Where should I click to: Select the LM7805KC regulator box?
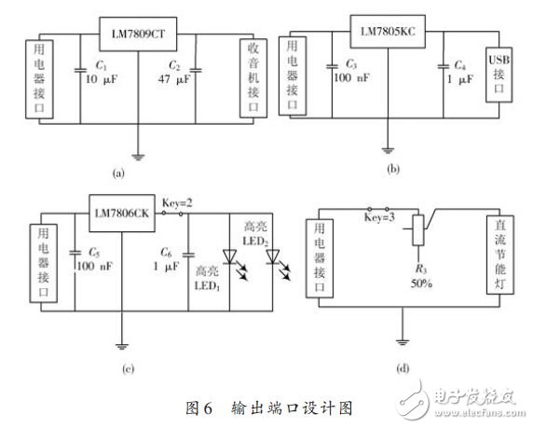[386, 32]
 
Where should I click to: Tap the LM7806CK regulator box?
[123, 213]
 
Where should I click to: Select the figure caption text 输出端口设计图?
[300, 407]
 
